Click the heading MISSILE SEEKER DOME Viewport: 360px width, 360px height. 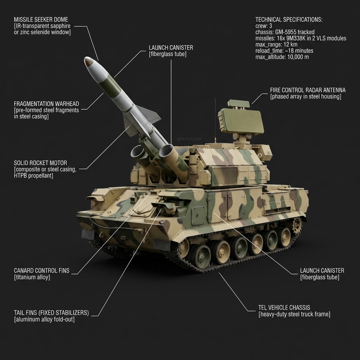click(41, 19)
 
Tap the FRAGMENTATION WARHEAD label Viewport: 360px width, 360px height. click(46, 104)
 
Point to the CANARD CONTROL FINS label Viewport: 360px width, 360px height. click(41, 271)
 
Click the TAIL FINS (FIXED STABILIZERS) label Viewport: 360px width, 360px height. click(51, 313)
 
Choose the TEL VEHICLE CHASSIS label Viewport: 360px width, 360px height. click(284, 308)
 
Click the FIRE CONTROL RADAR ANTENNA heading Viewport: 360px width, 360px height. click(308, 90)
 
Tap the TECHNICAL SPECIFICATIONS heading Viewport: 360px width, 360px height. click(289, 19)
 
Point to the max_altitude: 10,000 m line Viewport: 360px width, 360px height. click(282, 57)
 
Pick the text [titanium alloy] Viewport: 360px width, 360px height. click(32, 277)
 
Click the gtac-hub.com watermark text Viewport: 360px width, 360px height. click(190, 139)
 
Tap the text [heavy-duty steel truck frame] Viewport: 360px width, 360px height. click(294, 314)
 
